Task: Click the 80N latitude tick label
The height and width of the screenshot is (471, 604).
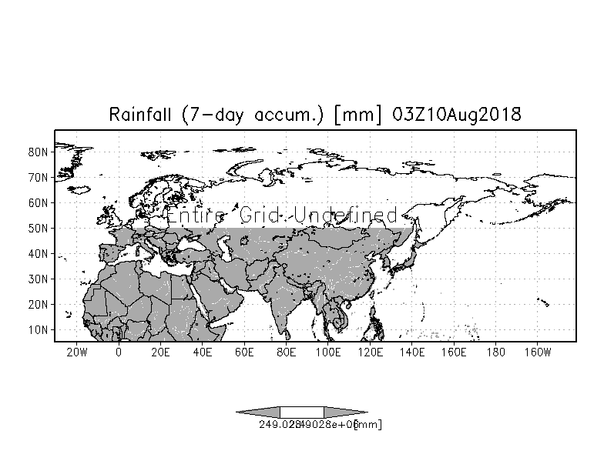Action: pyautogui.click(x=39, y=152)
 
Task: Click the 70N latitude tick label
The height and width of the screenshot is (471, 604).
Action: pyautogui.click(x=39, y=177)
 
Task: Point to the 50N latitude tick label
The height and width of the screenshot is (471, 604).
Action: pyautogui.click(x=39, y=228)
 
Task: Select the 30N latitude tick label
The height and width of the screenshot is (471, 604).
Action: pyautogui.click(x=39, y=279)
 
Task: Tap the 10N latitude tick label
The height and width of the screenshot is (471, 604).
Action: pyautogui.click(x=39, y=329)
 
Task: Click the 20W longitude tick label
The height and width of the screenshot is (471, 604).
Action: pyautogui.click(x=76, y=352)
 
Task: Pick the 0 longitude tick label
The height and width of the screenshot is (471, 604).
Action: pyautogui.click(x=119, y=352)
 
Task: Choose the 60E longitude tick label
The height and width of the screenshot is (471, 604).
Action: pyautogui.click(x=244, y=352)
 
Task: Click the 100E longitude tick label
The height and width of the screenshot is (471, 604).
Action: pyautogui.click(x=328, y=352)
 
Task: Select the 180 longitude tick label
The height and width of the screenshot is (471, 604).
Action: pyautogui.click(x=496, y=352)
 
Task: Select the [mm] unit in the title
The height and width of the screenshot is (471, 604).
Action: pyautogui.click(x=358, y=115)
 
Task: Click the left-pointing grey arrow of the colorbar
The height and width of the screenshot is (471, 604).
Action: pyautogui.click(x=258, y=412)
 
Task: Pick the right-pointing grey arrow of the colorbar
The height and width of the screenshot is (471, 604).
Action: pyautogui.click(x=345, y=412)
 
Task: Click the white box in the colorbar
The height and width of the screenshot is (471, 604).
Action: pyautogui.click(x=301, y=412)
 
